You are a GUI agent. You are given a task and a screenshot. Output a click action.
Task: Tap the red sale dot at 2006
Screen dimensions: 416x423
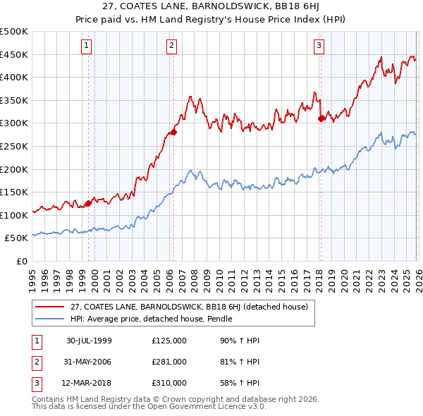173,132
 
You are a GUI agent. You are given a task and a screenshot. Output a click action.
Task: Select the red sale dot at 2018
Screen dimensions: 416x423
321,118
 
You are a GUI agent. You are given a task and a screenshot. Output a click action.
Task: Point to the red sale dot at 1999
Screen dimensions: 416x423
88,204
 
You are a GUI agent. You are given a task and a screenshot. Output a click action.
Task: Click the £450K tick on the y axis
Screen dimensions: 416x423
14,54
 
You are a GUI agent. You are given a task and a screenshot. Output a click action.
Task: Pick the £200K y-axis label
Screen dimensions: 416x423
14,169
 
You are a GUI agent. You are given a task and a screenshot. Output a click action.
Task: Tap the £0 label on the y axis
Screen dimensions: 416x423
22,261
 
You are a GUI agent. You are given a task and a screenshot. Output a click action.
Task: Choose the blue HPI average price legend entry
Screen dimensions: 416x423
151,319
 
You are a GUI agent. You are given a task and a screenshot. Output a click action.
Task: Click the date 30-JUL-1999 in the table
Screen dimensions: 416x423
89,341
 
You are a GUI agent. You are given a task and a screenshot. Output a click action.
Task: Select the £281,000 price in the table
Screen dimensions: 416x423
168,362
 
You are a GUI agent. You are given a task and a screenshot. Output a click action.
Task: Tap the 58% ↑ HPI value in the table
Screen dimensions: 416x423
240,383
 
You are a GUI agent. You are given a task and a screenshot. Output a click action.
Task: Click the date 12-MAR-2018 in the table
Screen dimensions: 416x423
89,383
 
